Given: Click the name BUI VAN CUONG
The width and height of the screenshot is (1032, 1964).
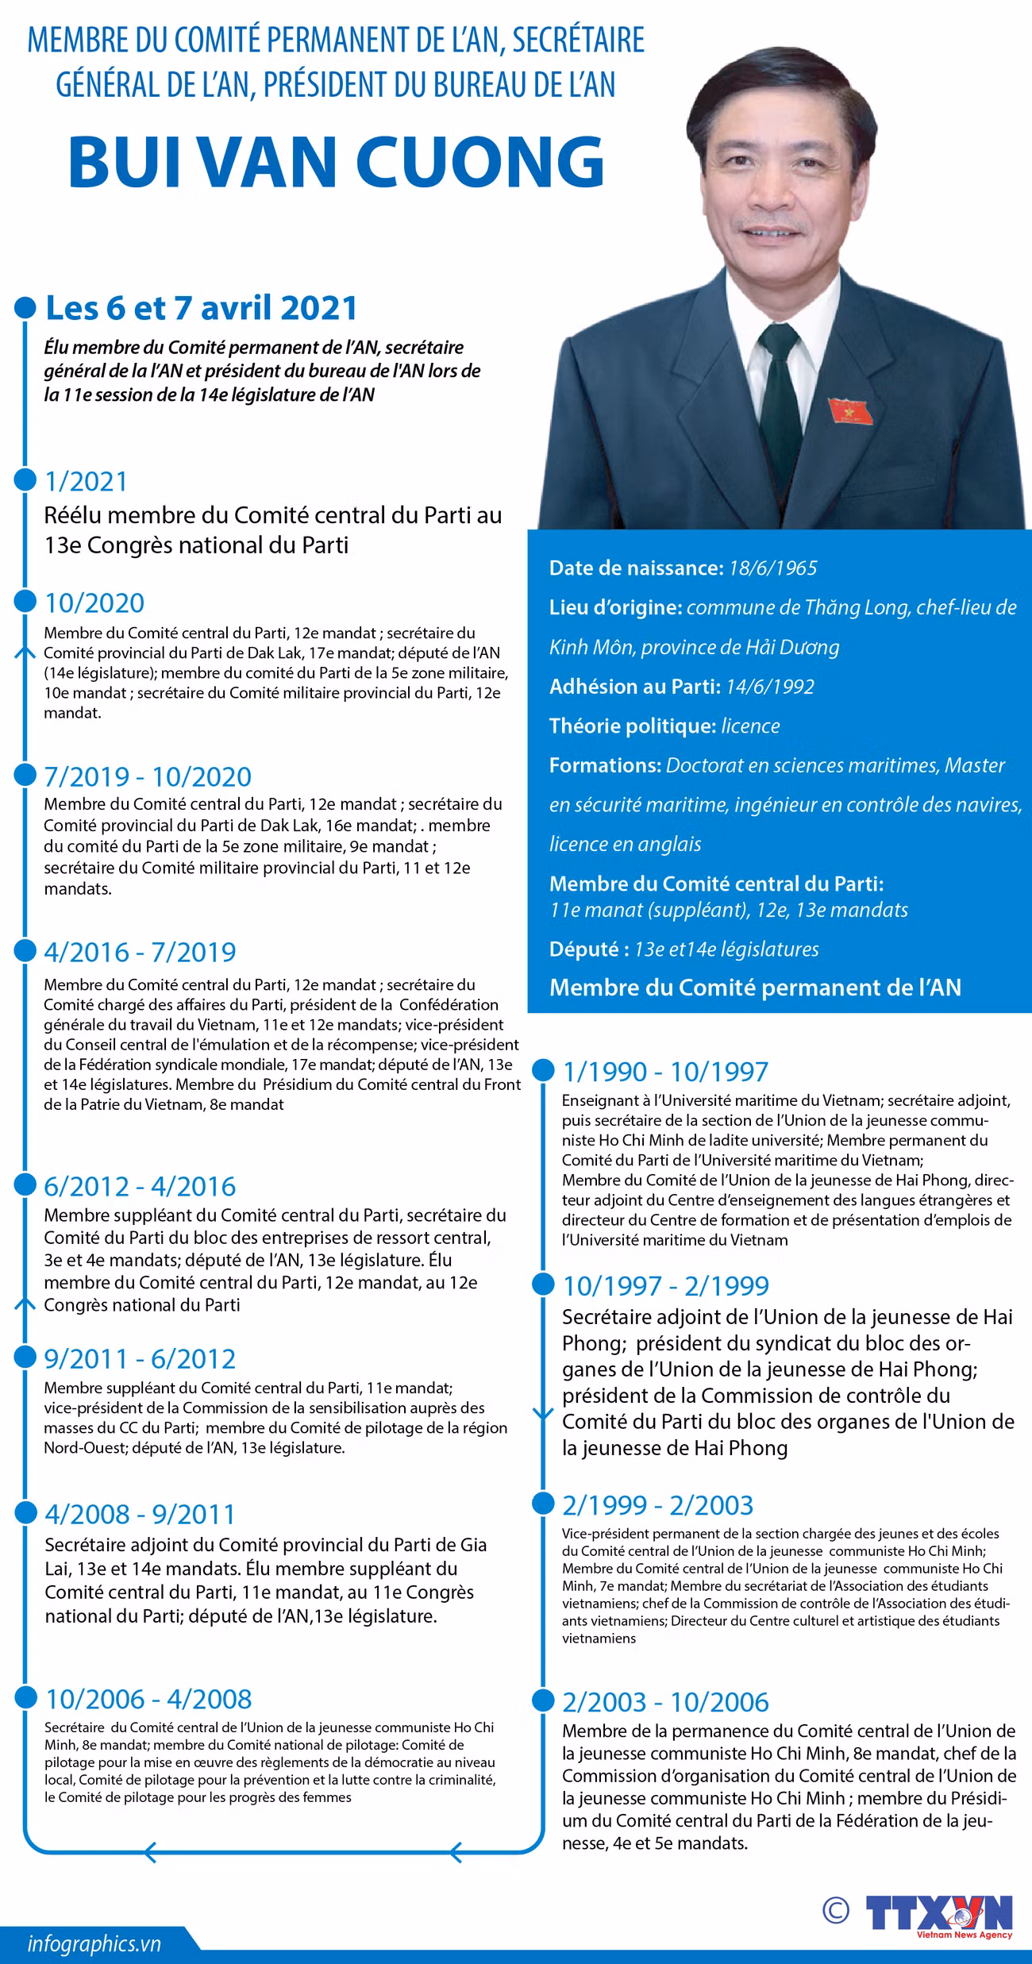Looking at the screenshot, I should point(337,162).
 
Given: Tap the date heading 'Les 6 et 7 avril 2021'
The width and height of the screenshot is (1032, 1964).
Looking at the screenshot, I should point(202,308).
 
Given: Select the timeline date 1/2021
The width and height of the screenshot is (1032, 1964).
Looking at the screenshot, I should point(87,481).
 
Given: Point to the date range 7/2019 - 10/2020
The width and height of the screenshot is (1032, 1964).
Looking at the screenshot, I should point(148,776).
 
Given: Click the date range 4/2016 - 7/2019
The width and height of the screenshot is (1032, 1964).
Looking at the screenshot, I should point(141,952).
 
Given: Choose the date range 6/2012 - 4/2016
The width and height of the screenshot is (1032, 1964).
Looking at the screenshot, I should point(141,1186).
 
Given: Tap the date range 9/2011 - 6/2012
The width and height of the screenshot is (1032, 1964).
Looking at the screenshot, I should point(141,1358).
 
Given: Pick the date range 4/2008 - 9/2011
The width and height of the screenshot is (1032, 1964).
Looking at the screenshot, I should point(141,1514).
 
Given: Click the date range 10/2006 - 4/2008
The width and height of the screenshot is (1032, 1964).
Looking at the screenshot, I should point(148,1699).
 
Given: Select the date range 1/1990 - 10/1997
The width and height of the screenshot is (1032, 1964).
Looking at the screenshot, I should point(665,1072).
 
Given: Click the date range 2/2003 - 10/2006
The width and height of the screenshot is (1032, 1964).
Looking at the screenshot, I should point(665,1702).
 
